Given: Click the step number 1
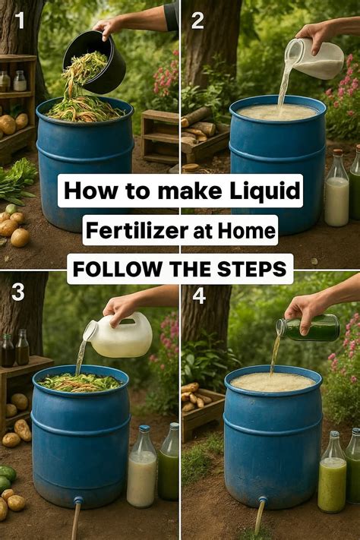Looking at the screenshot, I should pyautogui.click(x=20, y=21).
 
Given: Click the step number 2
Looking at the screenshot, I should pyautogui.click(x=197, y=21).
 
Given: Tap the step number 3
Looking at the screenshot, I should pyautogui.click(x=18, y=293).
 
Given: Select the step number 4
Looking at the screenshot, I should pyautogui.click(x=198, y=295).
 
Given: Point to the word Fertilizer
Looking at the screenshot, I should pyautogui.click(x=130, y=229).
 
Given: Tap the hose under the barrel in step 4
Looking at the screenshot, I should pyautogui.click(x=261, y=516).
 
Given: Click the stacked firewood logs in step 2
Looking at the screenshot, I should pyautogui.click(x=197, y=125).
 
